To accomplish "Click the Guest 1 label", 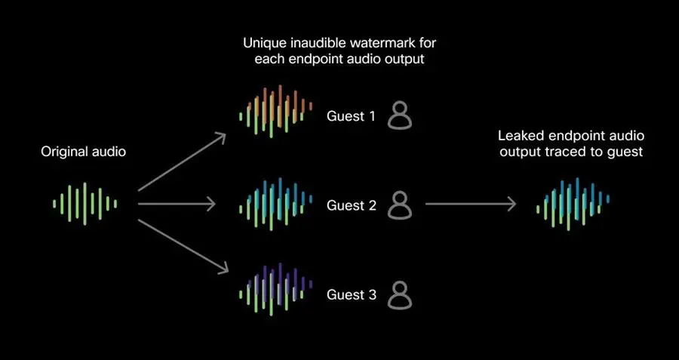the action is [x=351, y=116].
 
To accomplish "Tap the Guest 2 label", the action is [x=351, y=205].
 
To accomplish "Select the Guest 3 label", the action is [x=351, y=294].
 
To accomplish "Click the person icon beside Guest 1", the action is [x=400, y=115].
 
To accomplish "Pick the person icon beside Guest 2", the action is [x=400, y=205].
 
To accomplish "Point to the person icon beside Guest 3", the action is [x=400, y=295].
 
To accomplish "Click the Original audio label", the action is [x=84, y=152].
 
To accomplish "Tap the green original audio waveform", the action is [x=84, y=204].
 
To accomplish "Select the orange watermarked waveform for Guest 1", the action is [x=276, y=112].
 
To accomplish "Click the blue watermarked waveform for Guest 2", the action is [x=276, y=204].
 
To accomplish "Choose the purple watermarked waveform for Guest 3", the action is [x=276, y=289].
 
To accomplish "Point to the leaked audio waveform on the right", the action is [x=573, y=204].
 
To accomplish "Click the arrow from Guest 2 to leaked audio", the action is [x=471, y=204].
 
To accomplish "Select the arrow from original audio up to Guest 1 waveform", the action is [x=183, y=162].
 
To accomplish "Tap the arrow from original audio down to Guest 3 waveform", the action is [x=183, y=247].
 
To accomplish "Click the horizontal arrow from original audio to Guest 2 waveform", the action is [x=177, y=204].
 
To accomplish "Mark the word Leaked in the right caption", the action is [x=518, y=136].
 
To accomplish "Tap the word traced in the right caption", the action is [x=558, y=152].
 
